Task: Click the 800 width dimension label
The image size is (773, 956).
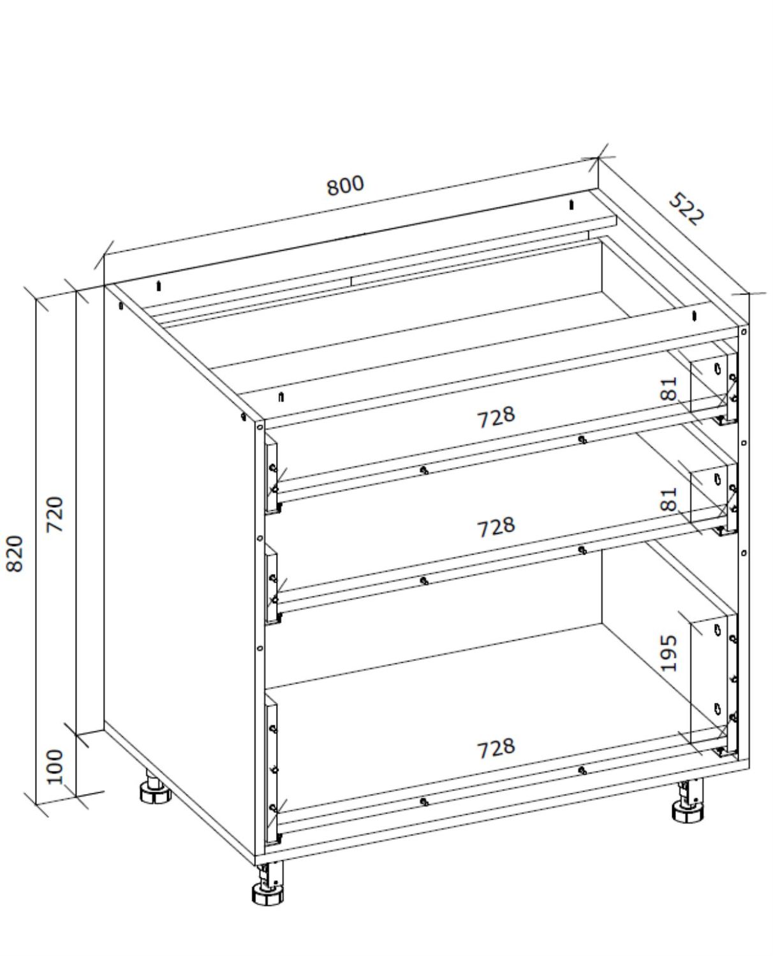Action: (x=345, y=185)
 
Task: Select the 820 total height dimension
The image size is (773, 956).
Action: (x=15, y=553)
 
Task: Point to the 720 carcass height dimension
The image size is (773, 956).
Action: (x=55, y=514)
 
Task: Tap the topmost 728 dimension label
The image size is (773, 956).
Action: (x=496, y=417)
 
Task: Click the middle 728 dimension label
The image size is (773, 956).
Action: (x=496, y=527)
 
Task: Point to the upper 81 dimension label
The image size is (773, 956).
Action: (x=669, y=389)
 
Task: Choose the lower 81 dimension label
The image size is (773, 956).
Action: (x=669, y=499)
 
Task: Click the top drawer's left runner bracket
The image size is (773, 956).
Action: (x=272, y=475)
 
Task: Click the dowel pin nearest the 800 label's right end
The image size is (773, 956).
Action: (x=571, y=205)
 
